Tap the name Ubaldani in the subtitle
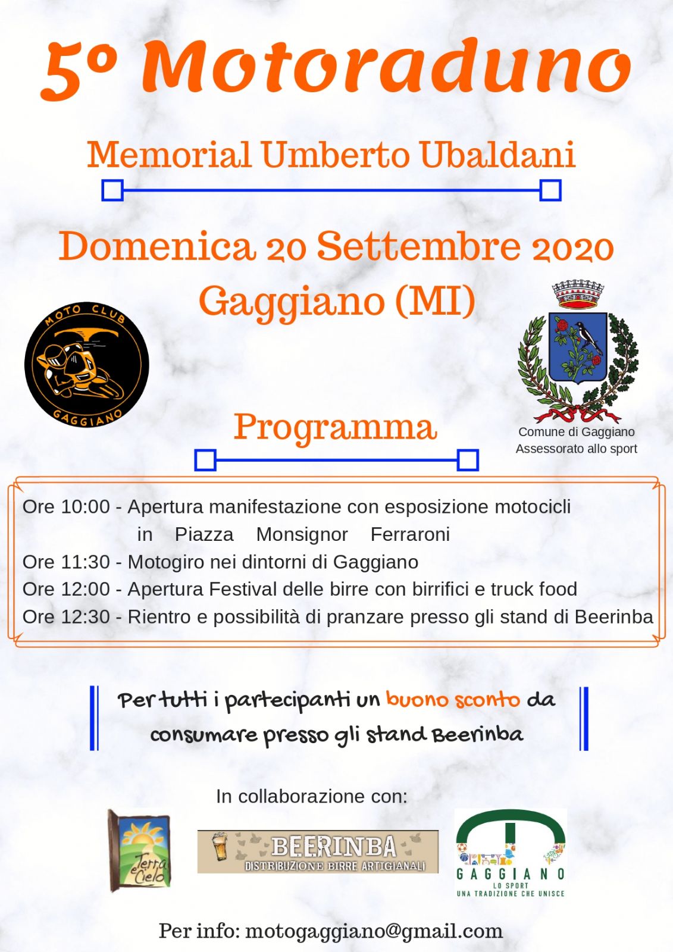[x=497, y=155]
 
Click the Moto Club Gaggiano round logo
[x=86, y=364]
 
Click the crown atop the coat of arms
[x=578, y=295]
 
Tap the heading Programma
[x=335, y=427]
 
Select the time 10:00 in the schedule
[x=86, y=507]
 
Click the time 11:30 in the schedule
[x=86, y=562]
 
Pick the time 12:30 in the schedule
[x=86, y=617]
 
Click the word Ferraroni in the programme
[x=410, y=534]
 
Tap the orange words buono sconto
[x=453, y=699]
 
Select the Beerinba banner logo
[x=318, y=851]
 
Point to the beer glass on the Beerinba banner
[x=220, y=847]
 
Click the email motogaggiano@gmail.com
[x=374, y=931]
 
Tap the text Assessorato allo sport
[x=576, y=449]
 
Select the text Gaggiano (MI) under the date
[x=337, y=301]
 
